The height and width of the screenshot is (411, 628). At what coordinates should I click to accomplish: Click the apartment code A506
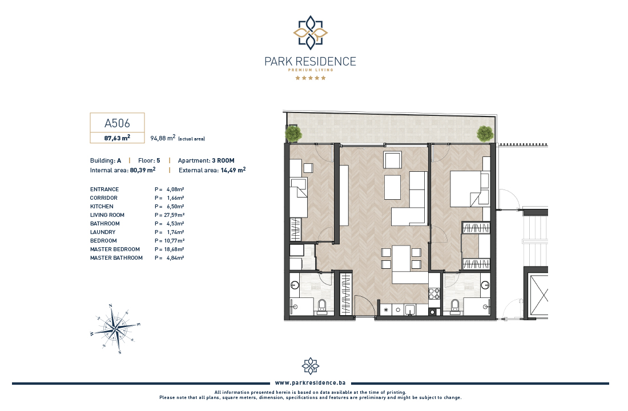coord(117,123)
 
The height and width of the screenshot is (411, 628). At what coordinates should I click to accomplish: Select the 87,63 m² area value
coord(117,138)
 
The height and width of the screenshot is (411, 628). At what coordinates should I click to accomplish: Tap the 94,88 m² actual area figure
coord(163,138)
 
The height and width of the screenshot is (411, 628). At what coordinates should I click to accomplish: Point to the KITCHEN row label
coord(102,206)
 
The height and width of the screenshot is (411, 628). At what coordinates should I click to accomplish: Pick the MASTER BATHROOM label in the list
coord(116,258)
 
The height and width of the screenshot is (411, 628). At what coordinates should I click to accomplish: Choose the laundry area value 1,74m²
coord(175,232)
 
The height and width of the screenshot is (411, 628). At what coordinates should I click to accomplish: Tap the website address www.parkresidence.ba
coord(311,383)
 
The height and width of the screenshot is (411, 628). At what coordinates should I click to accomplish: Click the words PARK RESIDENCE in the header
coord(311,61)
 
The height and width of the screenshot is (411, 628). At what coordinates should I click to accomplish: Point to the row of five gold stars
coord(311,78)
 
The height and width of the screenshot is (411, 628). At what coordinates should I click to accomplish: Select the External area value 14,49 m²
coord(233,170)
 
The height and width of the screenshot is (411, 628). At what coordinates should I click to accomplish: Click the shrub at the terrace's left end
coord(293,134)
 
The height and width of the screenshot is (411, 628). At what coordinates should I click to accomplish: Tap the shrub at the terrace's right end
coord(485,134)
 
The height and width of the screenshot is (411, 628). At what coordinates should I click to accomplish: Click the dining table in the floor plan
coord(401,259)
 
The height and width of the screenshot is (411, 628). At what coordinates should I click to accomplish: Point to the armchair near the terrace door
coord(393,160)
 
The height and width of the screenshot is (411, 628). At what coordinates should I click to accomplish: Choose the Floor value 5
coord(158,160)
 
